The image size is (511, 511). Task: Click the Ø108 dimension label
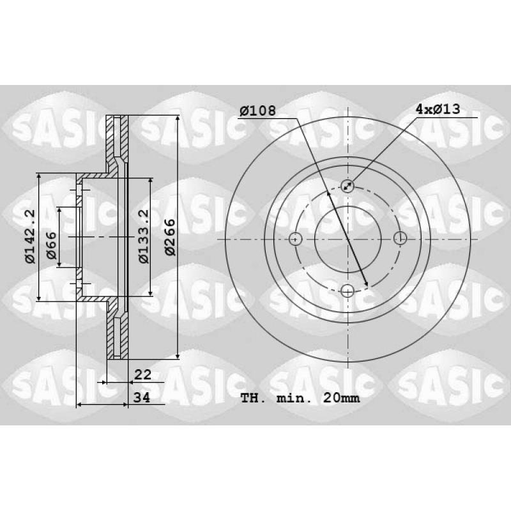(x=257, y=111)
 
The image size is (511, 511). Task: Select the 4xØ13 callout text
(x=438, y=109)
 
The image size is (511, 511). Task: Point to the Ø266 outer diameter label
(x=170, y=237)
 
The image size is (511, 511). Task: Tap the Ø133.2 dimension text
(x=144, y=236)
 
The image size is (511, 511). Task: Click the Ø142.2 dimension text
(x=30, y=236)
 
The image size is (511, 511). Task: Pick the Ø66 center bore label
(x=51, y=245)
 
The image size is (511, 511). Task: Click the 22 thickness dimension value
(x=142, y=375)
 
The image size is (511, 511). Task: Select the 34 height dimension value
(x=142, y=397)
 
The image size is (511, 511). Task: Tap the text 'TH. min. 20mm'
(x=300, y=398)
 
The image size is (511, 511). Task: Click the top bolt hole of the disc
(x=347, y=186)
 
